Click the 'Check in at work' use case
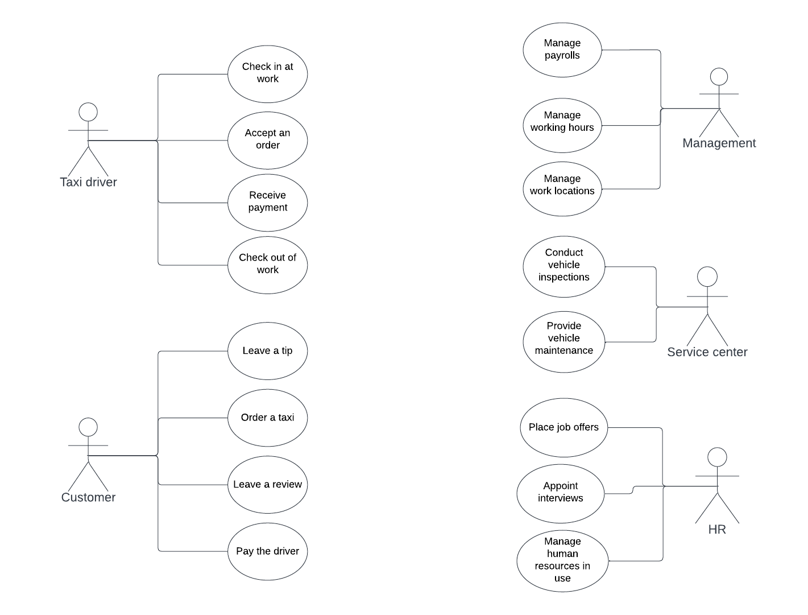click(x=267, y=74)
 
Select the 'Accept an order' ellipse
click(x=267, y=140)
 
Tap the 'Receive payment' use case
click(x=267, y=203)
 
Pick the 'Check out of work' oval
click(x=267, y=265)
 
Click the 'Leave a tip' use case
click(x=267, y=351)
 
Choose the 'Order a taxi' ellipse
click(x=267, y=418)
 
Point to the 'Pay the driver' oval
click(x=267, y=551)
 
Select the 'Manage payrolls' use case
click(x=562, y=50)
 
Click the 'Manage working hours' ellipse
click(x=562, y=125)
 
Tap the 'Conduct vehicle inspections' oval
click(x=563, y=266)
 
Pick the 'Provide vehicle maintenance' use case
click(x=563, y=341)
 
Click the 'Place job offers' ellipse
click(x=563, y=427)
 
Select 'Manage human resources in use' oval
click(x=562, y=561)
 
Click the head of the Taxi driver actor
click(x=88, y=112)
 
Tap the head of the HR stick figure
click(x=717, y=457)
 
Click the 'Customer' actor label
click(x=88, y=497)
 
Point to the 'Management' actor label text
click(x=719, y=143)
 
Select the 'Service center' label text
click(x=707, y=352)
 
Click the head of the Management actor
click(x=719, y=77)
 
